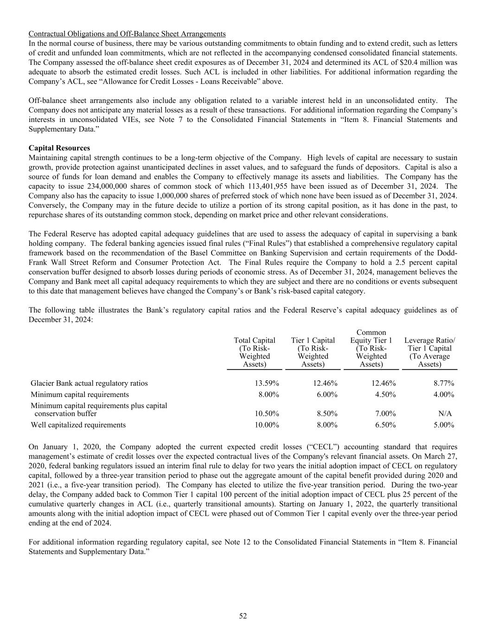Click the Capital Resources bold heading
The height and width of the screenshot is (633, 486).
click(x=59, y=148)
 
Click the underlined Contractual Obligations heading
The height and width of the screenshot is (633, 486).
click(x=127, y=34)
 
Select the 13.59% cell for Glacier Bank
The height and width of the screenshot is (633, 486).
click(x=267, y=383)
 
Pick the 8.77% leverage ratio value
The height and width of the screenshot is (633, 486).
click(x=444, y=383)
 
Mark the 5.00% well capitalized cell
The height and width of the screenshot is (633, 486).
click(x=444, y=425)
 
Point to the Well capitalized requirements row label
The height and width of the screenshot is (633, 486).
click(x=78, y=425)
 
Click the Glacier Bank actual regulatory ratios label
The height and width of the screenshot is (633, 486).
click(x=89, y=383)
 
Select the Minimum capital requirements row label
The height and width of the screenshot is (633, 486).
click(x=80, y=395)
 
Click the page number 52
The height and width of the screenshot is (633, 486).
click(x=243, y=616)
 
